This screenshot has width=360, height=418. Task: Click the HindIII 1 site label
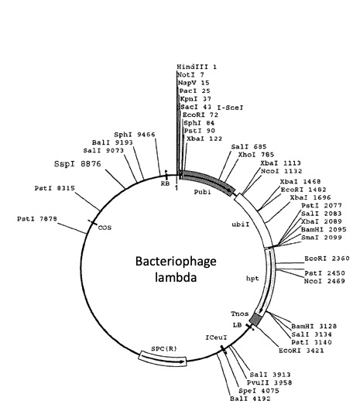[x=197, y=67]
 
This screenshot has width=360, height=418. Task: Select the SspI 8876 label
[x=77, y=163]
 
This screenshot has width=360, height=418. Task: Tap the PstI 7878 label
[x=37, y=219]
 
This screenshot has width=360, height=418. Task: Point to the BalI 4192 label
[x=250, y=399]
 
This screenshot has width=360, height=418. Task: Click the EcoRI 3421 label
[x=301, y=351]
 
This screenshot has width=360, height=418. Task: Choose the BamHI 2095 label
[x=324, y=230]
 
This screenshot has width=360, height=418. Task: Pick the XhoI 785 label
[x=256, y=155]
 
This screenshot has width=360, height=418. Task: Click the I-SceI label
[x=231, y=108]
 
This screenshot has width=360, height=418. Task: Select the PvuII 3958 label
[x=269, y=383]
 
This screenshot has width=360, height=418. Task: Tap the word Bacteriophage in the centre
[x=176, y=262]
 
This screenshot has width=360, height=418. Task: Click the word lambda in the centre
[x=176, y=278]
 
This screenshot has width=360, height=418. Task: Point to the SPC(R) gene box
[x=163, y=359]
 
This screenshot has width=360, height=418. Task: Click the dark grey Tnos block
[x=255, y=319]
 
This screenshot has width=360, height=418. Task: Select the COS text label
[x=105, y=228]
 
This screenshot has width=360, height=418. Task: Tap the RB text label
[x=165, y=183]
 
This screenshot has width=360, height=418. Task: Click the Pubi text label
[x=202, y=192]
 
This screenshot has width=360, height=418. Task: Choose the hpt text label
[x=252, y=279]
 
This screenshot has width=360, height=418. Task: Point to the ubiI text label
[x=241, y=224]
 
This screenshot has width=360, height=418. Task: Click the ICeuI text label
[x=216, y=337]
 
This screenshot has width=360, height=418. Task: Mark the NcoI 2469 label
[x=324, y=281]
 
